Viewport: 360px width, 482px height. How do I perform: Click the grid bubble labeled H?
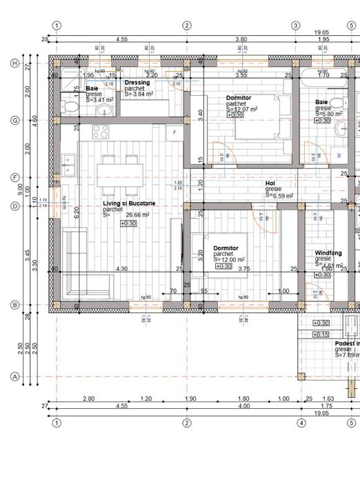(14, 63)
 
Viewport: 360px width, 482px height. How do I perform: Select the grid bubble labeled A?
(14, 376)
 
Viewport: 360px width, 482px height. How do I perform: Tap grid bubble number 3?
(295, 26)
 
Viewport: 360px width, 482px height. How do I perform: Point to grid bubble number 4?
(301, 423)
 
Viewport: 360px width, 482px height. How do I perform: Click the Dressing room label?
(137, 83)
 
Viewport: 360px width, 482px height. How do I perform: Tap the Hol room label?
(270, 183)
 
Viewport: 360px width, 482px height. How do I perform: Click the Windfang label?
(328, 253)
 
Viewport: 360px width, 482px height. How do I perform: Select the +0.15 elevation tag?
(321, 334)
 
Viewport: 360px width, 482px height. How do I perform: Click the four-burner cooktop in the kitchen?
(101, 132)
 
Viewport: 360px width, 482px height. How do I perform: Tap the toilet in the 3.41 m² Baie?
(68, 108)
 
